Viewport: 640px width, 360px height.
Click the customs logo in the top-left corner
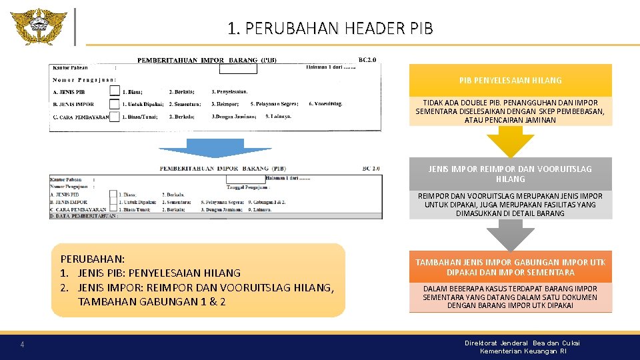(39, 27)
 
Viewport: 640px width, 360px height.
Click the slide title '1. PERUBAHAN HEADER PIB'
(330, 29)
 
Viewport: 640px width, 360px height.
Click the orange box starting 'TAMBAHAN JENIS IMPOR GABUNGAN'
(510, 267)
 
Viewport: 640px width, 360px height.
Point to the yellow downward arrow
(510, 141)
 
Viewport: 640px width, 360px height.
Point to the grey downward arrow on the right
(510, 235)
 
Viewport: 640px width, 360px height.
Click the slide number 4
(23, 345)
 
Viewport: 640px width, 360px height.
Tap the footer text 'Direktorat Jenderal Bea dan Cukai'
(522, 343)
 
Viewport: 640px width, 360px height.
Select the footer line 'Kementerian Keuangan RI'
(523, 351)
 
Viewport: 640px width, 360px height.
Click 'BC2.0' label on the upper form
(367, 60)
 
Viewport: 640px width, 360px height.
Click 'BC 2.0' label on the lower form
(371, 169)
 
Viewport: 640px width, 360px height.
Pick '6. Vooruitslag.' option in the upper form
(325, 104)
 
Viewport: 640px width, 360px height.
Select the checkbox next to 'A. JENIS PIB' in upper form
(114, 92)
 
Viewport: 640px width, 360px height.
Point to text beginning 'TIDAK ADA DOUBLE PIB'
(510, 111)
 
